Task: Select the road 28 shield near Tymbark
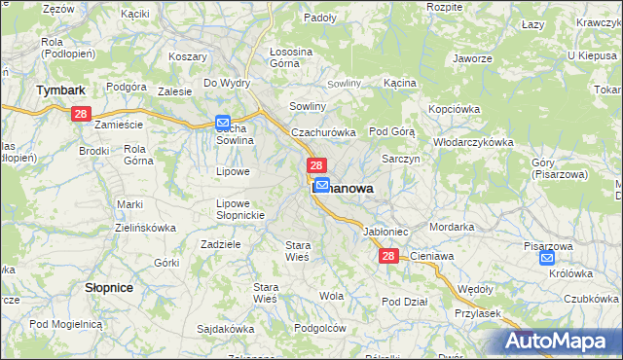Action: click(81, 115)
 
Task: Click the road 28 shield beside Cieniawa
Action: click(388, 256)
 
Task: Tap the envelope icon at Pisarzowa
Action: click(547, 258)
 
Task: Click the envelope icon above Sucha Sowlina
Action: click(223, 123)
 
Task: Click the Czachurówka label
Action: click(324, 131)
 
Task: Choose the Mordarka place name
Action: click(452, 226)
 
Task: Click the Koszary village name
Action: click(187, 57)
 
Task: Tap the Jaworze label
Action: click(472, 58)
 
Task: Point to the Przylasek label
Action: click(477, 313)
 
